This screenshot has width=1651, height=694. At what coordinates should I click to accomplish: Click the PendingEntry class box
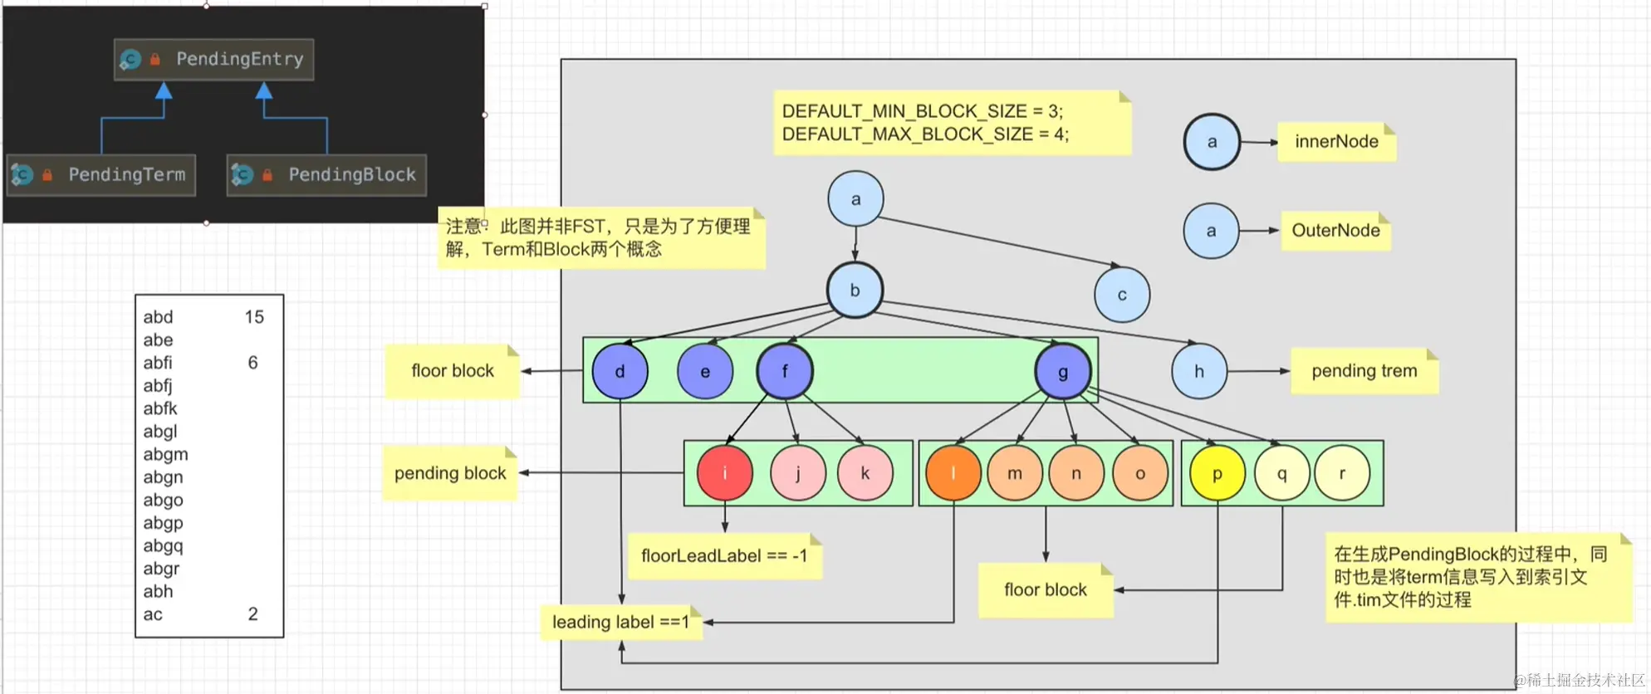(x=214, y=59)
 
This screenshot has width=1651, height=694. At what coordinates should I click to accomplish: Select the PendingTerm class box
(x=101, y=174)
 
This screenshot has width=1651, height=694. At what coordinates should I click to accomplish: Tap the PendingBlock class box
(x=326, y=174)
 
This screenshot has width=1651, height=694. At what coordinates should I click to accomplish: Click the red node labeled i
(x=724, y=473)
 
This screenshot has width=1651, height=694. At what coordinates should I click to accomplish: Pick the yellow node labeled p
(x=1217, y=473)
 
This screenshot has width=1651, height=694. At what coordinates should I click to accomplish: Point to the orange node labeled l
(x=953, y=473)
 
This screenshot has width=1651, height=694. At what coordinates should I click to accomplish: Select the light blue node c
(x=1121, y=295)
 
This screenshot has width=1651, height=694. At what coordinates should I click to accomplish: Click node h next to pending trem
(x=1198, y=371)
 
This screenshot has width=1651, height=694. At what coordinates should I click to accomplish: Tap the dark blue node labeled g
(x=1062, y=372)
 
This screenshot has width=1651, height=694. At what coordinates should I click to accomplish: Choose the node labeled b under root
(x=855, y=291)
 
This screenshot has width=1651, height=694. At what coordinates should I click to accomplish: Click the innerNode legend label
(x=1335, y=142)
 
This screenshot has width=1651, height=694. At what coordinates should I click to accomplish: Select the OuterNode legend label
(x=1335, y=231)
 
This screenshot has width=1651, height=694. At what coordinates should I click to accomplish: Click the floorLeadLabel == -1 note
(x=723, y=556)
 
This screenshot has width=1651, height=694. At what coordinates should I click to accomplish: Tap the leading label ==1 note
(x=620, y=622)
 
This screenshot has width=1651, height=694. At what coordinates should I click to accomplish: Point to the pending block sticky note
(x=449, y=473)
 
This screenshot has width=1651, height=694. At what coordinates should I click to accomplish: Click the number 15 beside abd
(x=254, y=317)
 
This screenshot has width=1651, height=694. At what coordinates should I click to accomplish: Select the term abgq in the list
(x=163, y=545)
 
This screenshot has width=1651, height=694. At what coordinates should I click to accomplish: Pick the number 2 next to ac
(x=252, y=614)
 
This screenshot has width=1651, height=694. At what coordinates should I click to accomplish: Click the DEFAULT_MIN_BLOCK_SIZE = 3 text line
(x=922, y=111)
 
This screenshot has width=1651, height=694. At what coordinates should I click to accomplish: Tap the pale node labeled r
(x=1341, y=473)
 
